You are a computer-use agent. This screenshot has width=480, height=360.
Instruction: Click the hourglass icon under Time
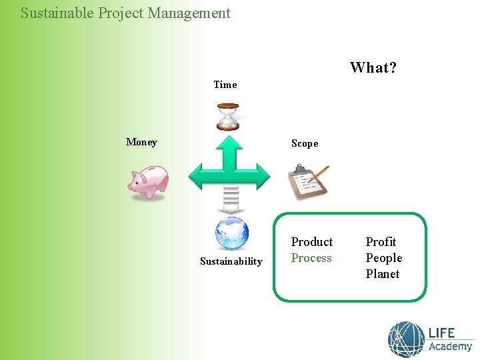click(x=229, y=117)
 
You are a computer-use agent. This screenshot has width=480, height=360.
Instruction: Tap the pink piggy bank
click(x=149, y=182)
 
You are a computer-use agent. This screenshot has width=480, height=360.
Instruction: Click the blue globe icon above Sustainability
click(x=231, y=233)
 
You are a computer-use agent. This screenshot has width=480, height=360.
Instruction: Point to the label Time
click(x=225, y=85)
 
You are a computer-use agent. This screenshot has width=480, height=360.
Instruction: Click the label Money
click(x=141, y=142)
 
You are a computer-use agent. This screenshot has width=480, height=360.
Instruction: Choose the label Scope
click(x=305, y=143)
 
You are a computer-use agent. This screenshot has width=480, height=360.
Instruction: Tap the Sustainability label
click(x=231, y=261)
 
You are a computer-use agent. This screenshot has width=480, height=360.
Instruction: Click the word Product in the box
click(x=311, y=242)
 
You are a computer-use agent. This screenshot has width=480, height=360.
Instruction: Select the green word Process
click(x=311, y=258)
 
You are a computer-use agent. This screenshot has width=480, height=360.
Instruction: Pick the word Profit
click(x=381, y=242)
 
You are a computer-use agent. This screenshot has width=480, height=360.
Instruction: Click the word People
click(x=383, y=258)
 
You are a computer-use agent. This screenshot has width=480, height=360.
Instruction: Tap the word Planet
click(x=382, y=274)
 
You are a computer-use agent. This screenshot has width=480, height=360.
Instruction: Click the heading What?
click(x=373, y=68)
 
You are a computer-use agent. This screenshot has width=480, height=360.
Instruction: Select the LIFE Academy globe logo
click(x=406, y=339)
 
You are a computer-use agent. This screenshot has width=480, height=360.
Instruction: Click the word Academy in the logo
click(x=450, y=347)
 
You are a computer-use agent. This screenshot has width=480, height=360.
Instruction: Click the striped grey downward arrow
click(x=230, y=201)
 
